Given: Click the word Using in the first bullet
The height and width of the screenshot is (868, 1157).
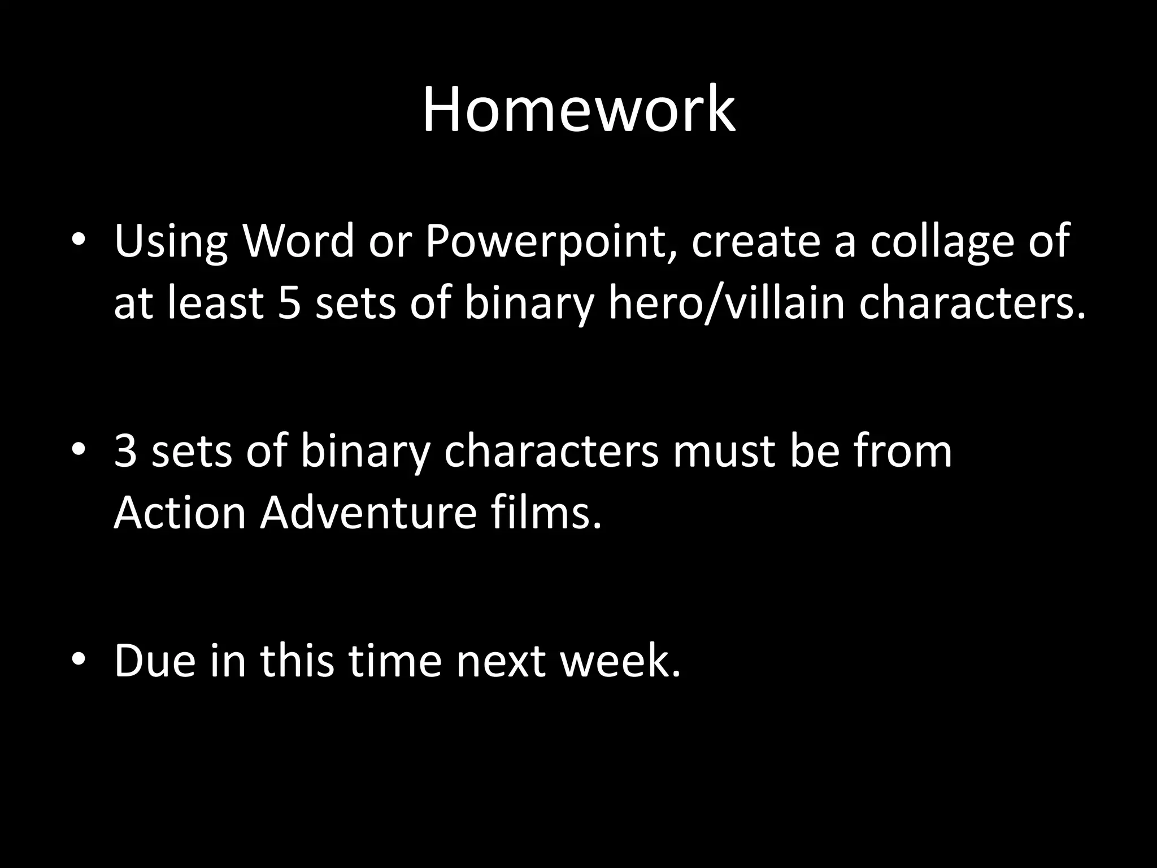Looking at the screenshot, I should point(171,242).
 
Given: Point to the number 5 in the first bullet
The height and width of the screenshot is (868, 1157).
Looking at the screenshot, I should point(289,303).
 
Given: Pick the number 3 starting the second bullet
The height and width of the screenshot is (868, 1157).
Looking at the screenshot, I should point(125,452).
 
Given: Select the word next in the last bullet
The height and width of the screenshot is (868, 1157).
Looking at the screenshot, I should point(501,661).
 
